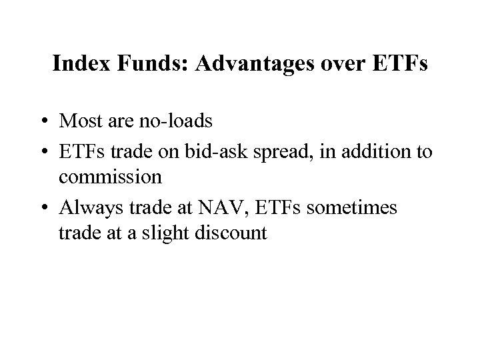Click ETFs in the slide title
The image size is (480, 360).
400,65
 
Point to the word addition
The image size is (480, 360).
375,153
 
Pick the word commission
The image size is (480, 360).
110,177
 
